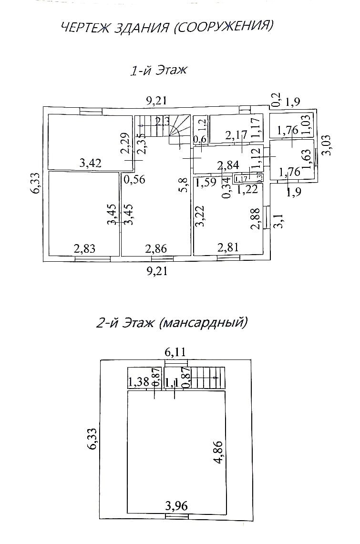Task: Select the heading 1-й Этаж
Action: (159, 71)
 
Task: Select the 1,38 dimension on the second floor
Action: (138, 382)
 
